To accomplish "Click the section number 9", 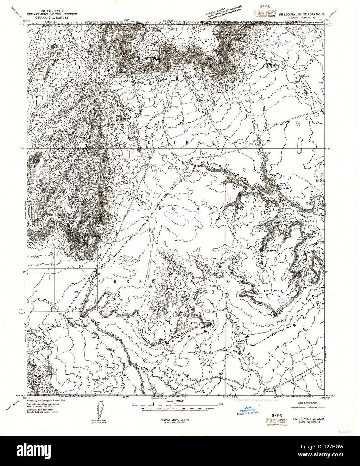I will point(79,372).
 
